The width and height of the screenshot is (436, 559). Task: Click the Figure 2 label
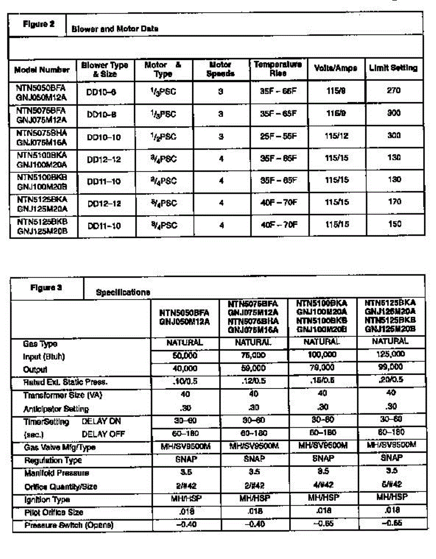coord(39,24)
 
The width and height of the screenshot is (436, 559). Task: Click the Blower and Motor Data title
coord(115,28)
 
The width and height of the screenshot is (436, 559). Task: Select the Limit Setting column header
coord(393,68)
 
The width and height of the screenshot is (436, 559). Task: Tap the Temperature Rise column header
coord(277,68)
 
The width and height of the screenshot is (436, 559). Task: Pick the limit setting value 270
coord(394,90)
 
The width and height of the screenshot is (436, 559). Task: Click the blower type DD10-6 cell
coord(101,92)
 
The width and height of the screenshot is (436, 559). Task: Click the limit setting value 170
coord(394,203)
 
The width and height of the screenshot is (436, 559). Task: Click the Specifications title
coord(123,293)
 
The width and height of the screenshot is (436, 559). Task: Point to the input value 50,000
coord(185,355)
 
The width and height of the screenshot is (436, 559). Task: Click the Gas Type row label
coord(40,344)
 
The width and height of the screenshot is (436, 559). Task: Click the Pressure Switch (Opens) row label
coord(69,525)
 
